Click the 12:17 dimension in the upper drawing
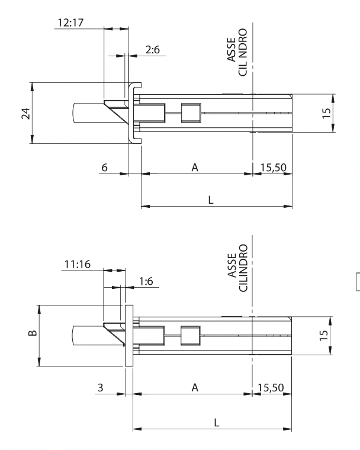[70, 22]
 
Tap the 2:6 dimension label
[152, 50]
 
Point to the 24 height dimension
[26, 113]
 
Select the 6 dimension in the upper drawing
[104, 168]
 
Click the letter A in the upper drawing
[195, 168]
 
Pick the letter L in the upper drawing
[211, 200]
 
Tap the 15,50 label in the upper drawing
[274, 168]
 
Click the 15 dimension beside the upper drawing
[326, 113]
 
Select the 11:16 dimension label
[77, 264]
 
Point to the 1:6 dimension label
[146, 281]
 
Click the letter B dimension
[33, 333]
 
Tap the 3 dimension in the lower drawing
[100, 388]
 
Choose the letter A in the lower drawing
[195, 388]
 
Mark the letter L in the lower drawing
[217, 422]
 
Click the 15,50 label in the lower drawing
[271, 388]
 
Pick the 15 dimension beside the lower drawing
[323, 336]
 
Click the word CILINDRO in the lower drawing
[243, 268]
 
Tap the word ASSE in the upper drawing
[232, 49]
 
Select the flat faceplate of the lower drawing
[129, 336]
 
